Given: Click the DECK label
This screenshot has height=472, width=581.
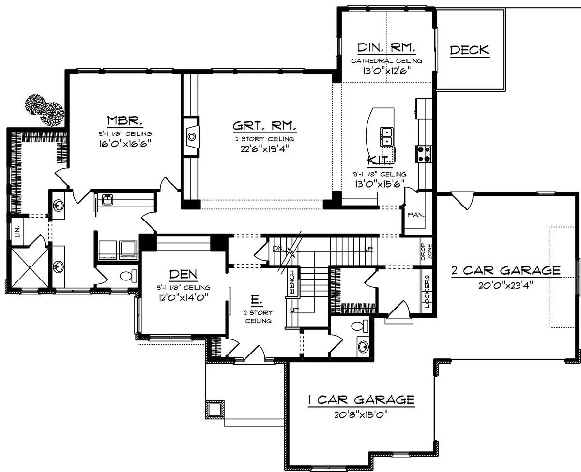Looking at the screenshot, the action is tap(470, 50).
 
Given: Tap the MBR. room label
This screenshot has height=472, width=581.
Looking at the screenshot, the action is tap(124, 120).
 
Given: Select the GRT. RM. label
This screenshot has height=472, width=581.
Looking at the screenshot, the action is tap(264, 126).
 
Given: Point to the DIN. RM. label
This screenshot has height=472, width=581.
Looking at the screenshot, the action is tap(386, 48).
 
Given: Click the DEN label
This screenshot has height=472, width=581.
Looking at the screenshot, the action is tap(183, 274).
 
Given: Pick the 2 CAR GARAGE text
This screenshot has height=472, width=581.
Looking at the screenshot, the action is tap(506, 270).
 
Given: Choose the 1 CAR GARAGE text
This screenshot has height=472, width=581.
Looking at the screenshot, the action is tap(361, 400).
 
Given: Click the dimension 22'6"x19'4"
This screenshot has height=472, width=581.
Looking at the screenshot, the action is tap(264, 149).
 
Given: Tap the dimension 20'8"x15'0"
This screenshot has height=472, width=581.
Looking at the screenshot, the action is tap(361, 414).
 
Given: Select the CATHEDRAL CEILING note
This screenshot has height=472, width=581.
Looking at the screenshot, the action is tap(386, 61).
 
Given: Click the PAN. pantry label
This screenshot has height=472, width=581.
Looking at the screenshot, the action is tap(416, 215).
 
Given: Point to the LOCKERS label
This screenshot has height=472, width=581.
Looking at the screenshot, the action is tap(427, 291).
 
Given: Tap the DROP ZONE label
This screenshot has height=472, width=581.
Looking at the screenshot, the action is tap(427, 251).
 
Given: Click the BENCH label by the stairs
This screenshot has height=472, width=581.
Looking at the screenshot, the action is tap(292, 282).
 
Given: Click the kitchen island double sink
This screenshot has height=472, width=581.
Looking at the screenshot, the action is tap(386, 137).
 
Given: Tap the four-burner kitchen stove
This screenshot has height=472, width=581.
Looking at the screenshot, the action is tap(424, 154).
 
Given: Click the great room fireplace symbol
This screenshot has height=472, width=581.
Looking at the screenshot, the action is tap(191, 136).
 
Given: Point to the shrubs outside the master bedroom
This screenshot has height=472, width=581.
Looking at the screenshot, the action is tap(45, 110).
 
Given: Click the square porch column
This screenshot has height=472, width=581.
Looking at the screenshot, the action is tap(214, 409).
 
